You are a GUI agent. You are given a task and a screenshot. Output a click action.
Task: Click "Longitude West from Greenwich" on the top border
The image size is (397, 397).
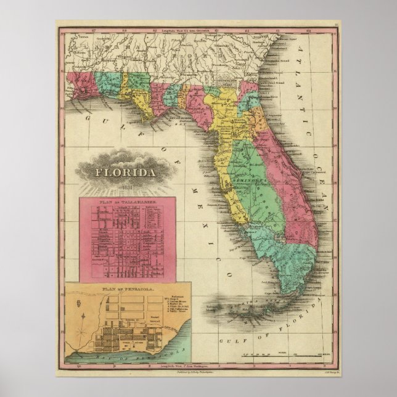[185, 29]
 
